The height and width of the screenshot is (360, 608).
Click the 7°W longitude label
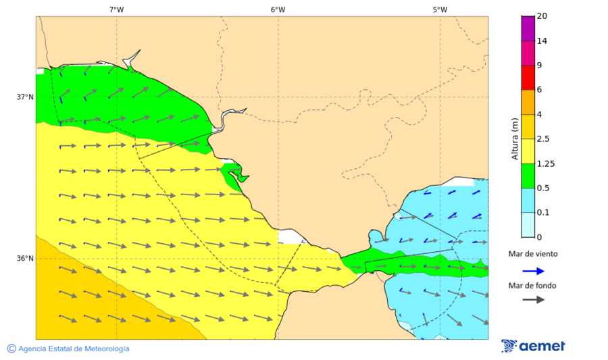tap(116, 9)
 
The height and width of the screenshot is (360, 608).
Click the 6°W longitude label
tap(278, 9)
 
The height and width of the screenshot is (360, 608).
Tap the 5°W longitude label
tap(440, 9)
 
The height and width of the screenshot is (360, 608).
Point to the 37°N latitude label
tap(25, 97)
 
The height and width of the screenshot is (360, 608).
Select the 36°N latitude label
tap(25, 258)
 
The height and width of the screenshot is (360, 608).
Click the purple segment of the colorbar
tap(528, 28)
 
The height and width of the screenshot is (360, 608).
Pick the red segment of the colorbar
tap(528, 77)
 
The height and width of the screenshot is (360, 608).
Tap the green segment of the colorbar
tap(528, 176)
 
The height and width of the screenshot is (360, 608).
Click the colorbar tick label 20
tap(542, 16)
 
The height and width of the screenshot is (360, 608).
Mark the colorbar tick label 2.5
tap(543, 139)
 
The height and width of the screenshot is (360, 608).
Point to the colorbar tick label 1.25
tap(545, 163)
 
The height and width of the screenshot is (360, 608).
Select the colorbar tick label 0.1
tap(543, 213)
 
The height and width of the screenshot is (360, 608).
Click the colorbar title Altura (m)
tap(515, 138)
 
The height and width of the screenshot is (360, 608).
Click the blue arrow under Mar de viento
tap(533, 271)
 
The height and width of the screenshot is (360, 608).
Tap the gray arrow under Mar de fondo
tap(533, 299)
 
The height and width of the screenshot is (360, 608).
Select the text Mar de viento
tap(533, 254)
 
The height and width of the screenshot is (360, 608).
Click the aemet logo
tap(533, 346)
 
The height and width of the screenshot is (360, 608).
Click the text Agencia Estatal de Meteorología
tap(74, 349)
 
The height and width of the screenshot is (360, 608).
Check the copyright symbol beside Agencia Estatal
tap(11, 349)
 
